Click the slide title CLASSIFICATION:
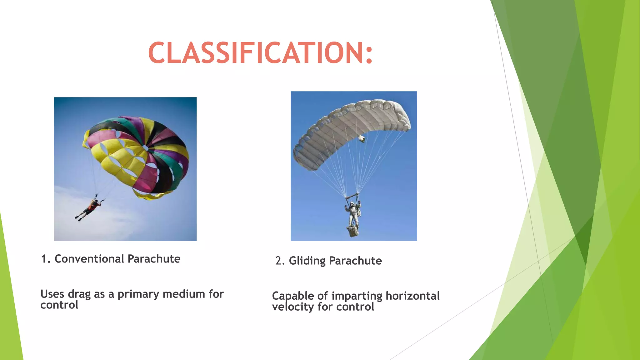(260, 53)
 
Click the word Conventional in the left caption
(89, 259)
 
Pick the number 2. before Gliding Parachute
(280, 261)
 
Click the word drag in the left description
(79, 294)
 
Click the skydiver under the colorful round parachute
(89, 209)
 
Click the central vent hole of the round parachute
(145, 147)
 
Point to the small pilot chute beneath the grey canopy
(362, 138)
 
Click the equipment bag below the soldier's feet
(352, 232)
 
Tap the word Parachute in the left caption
(154, 259)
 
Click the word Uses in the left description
(52, 294)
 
